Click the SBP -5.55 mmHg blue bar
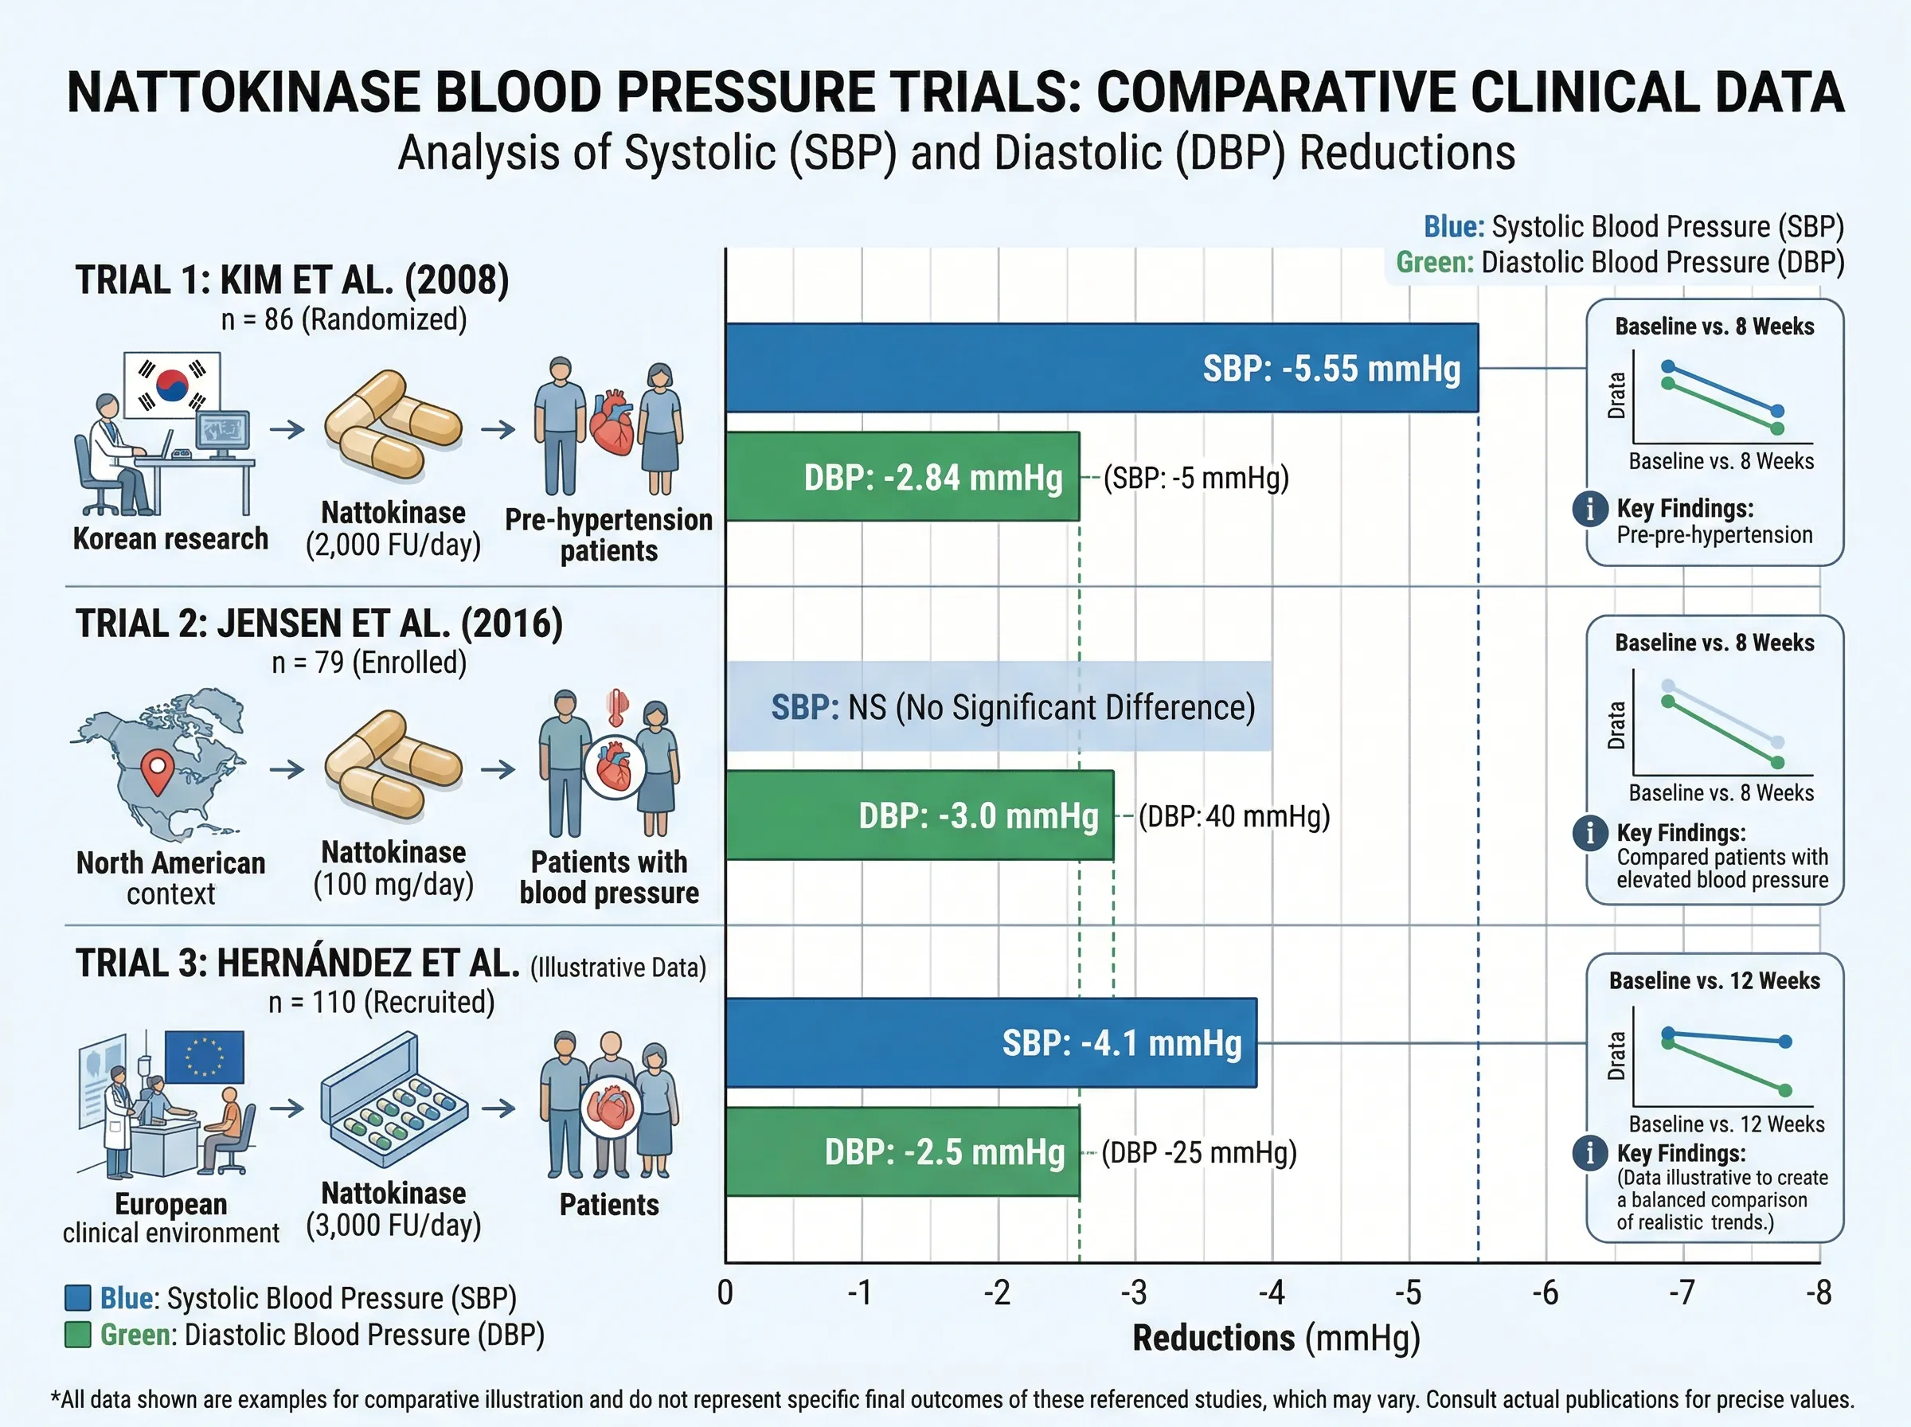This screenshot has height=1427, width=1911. (1101, 368)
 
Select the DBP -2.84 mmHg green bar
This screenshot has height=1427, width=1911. (902, 477)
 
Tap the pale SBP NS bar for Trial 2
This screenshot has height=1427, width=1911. (999, 706)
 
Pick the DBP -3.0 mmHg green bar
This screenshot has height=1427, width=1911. (919, 815)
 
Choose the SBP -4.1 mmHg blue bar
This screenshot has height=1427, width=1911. (991, 1042)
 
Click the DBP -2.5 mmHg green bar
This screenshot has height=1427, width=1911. (902, 1151)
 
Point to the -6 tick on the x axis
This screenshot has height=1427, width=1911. (1545, 1293)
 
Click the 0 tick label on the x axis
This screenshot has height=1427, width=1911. (725, 1293)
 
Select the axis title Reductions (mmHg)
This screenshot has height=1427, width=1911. (1276, 1338)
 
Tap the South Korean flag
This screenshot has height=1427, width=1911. (172, 385)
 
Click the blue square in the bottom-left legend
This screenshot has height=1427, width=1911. (78, 1298)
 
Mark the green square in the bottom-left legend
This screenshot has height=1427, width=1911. (78, 1335)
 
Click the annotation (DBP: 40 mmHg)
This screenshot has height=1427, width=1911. (1233, 816)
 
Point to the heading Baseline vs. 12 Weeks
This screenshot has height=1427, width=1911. (1714, 980)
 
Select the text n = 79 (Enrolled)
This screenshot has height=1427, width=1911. (369, 663)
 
